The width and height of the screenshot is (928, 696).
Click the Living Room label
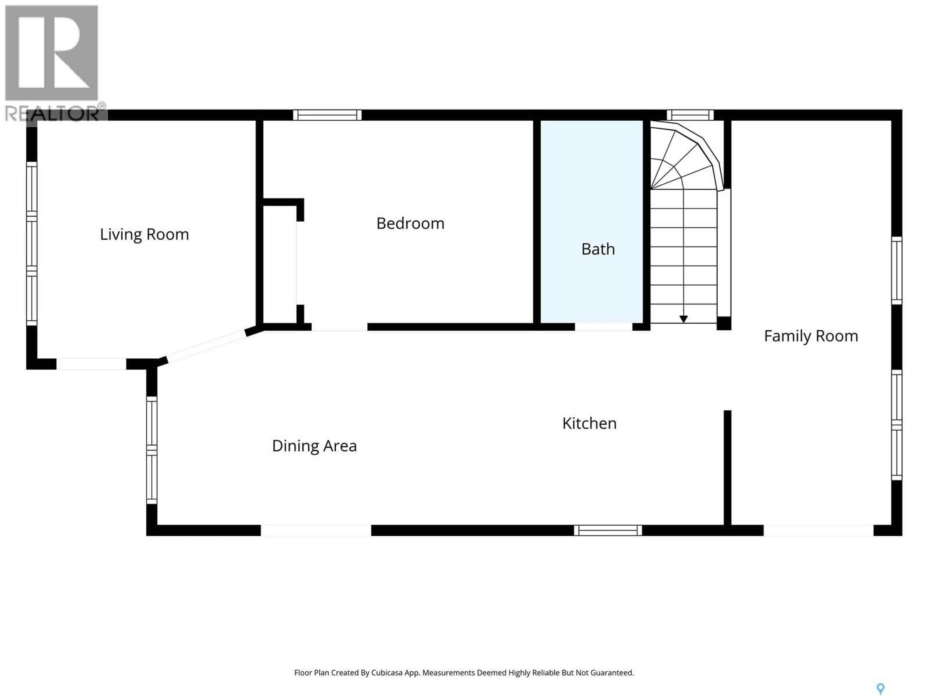[144, 234]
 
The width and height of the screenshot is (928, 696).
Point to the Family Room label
[811, 336]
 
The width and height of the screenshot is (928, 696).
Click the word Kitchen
[589, 423]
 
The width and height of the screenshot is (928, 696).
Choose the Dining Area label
[314, 446]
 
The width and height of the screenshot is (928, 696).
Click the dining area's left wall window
[152, 450]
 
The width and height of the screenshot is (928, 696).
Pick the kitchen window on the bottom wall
[608, 530]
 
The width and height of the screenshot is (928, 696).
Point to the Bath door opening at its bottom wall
[603, 327]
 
